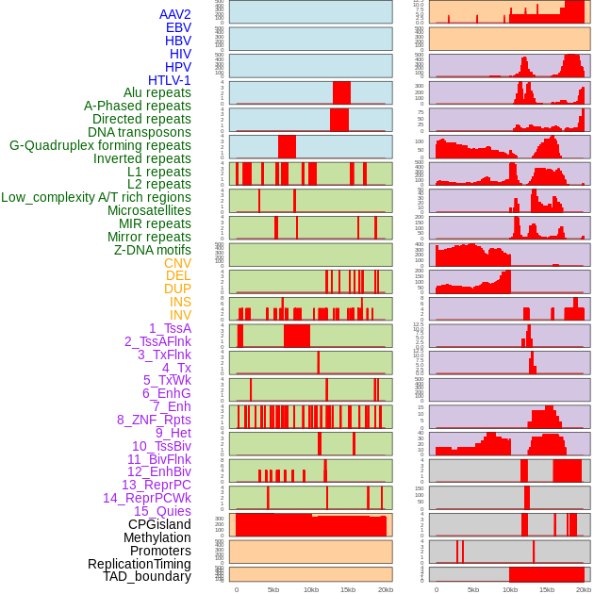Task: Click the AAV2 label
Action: (x=175, y=14)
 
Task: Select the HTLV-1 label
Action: (x=170, y=80)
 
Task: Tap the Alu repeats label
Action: (x=157, y=92)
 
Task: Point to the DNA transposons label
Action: (x=140, y=132)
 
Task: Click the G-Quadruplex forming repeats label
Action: (x=100, y=145)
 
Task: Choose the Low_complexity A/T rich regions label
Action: (x=96, y=197)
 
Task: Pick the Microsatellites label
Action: (x=149, y=210)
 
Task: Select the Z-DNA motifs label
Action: (x=153, y=250)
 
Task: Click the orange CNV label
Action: (x=177, y=263)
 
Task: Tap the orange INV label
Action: (x=180, y=315)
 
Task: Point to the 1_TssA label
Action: (x=170, y=328)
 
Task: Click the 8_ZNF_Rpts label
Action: (x=154, y=420)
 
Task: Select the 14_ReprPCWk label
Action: (x=147, y=498)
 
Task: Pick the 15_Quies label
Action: (x=162, y=511)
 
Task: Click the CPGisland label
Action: (x=159, y=524)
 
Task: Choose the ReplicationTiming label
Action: (x=140, y=564)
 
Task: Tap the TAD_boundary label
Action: (x=147, y=576)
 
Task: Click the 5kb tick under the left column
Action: (x=273, y=589)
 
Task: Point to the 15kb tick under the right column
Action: (x=547, y=589)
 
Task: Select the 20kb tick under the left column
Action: (x=385, y=589)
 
